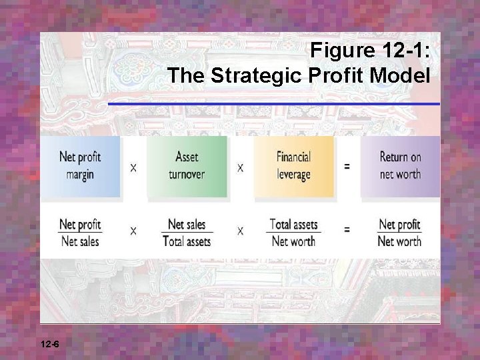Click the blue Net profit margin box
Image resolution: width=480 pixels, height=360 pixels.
click(80, 166)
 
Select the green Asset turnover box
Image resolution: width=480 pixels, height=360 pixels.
click(187, 166)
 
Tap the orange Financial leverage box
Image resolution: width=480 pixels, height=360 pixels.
click(293, 166)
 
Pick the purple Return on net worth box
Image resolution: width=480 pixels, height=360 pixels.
click(400, 166)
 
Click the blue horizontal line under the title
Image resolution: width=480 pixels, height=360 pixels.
click(273, 104)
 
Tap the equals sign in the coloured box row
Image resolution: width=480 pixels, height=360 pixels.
click(347, 166)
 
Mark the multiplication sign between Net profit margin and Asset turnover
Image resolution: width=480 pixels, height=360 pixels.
click(133, 167)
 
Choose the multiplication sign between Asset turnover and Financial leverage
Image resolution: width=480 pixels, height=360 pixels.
click(240, 167)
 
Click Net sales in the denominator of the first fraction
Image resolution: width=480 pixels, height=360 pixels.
click(80, 241)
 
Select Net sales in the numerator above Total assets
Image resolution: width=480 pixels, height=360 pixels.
click(187, 224)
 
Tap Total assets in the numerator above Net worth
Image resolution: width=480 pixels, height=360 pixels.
click(293, 224)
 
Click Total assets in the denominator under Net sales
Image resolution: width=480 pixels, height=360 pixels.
click(187, 241)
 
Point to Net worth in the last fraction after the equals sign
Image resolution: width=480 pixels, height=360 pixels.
click(399, 241)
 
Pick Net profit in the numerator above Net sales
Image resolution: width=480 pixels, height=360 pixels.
click(80, 224)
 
